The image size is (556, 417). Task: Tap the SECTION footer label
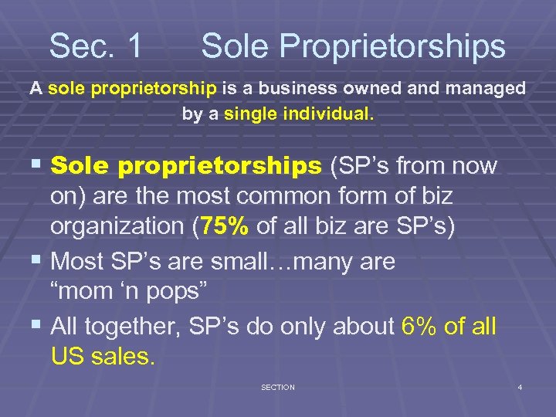(277, 387)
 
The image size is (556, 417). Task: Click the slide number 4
(520, 387)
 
